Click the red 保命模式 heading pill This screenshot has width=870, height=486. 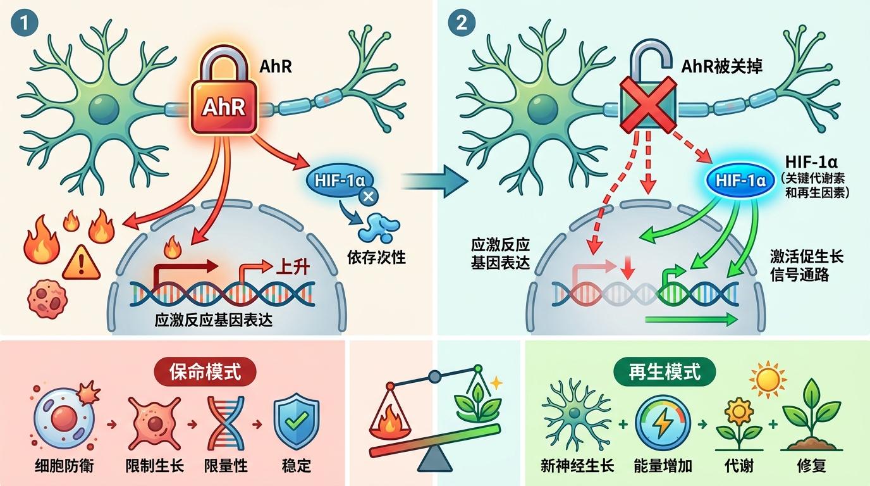(x=205, y=371)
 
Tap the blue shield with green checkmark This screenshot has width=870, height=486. (x=295, y=418)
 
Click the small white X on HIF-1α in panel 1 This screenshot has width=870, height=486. (x=368, y=197)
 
